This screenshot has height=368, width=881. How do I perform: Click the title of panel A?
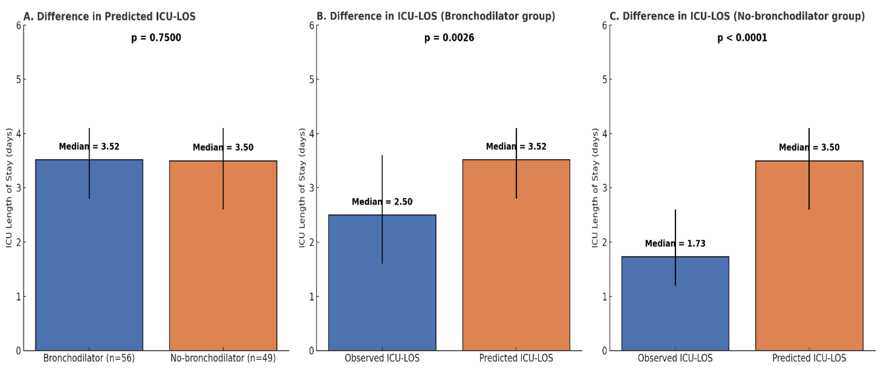pos(109,16)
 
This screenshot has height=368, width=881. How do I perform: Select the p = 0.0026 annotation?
pos(449,38)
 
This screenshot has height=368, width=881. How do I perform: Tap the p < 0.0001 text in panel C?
pos(742,38)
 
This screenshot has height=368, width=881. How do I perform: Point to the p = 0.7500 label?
pos(156,38)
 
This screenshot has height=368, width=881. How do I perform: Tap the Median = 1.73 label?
pos(675,243)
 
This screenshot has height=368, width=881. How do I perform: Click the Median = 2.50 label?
pos(382,202)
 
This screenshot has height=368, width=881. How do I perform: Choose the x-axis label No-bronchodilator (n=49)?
pos(223,358)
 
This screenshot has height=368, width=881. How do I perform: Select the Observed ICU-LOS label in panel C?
pos(675,358)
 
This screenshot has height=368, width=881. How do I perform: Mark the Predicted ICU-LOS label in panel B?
pos(516,358)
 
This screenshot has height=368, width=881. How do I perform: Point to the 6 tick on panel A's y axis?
pos(18,26)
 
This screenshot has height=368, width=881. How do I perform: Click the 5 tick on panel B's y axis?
pos(311,80)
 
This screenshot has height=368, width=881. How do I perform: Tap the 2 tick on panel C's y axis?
pos(605,243)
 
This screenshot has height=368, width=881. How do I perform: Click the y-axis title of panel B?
pos(302,188)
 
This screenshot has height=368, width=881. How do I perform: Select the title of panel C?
pos(737,16)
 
